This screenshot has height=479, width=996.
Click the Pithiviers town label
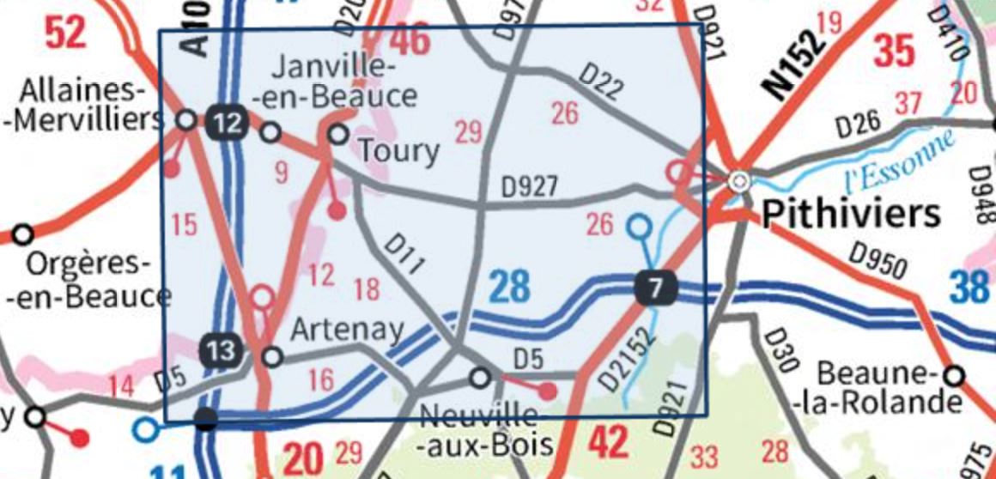851,213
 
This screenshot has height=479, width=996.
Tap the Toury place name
398,152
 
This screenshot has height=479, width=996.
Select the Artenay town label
347,329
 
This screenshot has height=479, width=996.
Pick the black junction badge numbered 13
221,350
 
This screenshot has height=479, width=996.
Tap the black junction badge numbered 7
655,288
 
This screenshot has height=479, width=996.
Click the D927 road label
531,186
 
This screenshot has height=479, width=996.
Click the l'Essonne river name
898,161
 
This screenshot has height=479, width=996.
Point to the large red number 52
66,33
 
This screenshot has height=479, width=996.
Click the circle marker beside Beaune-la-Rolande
954,375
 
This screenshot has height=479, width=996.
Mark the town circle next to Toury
339,133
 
